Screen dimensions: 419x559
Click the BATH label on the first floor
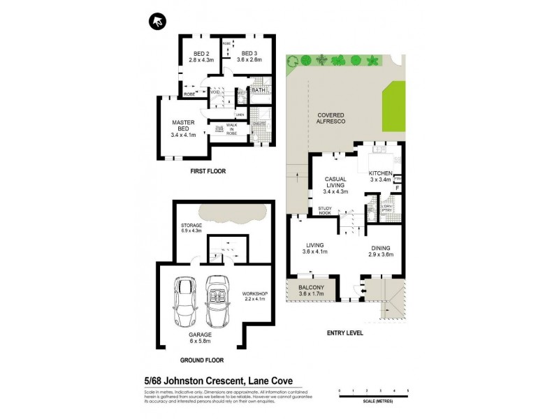coord(257,90)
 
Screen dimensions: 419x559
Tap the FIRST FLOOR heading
coord(208,171)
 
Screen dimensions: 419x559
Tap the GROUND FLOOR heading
coord(201,361)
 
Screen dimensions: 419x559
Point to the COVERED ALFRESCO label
coord(333,119)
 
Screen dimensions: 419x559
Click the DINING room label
coord(381,251)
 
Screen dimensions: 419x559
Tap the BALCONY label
coord(310,291)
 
